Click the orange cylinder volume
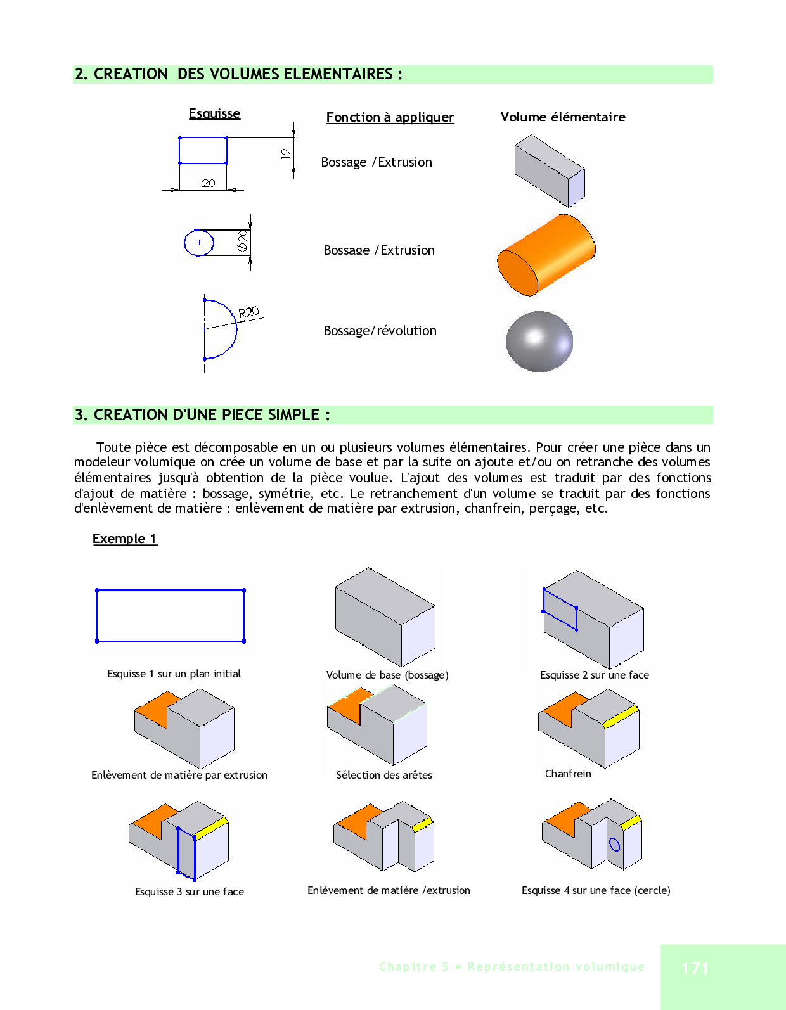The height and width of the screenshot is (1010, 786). coord(546,255)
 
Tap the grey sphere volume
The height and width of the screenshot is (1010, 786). coord(539,342)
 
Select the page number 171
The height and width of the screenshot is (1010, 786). coord(695,968)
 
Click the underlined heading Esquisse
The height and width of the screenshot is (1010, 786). coord(214,113)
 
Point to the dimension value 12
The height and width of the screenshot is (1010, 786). coord(285,153)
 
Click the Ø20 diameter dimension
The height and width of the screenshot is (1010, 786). coord(242,241)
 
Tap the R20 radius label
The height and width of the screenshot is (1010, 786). coord(248,312)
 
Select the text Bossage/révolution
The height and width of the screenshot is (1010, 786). coord(380,331)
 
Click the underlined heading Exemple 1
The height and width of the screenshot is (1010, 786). coord(125,539)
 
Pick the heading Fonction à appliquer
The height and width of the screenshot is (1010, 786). coord(390,117)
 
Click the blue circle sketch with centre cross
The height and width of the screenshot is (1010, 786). coord(199,243)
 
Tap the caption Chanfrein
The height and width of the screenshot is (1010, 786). coord(568,774)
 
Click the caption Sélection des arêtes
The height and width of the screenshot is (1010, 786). coord(384,775)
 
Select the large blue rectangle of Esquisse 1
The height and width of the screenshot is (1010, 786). coord(170,616)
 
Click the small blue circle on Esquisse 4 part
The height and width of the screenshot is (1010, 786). coord(614,844)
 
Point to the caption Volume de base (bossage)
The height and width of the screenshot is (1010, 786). coord(387,675)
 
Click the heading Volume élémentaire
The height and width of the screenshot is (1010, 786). coord(563,117)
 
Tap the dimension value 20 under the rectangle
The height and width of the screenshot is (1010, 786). coord(209,183)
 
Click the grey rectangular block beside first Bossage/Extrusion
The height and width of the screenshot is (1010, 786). coord(549,170)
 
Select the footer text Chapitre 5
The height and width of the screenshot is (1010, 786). coord(414,967)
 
